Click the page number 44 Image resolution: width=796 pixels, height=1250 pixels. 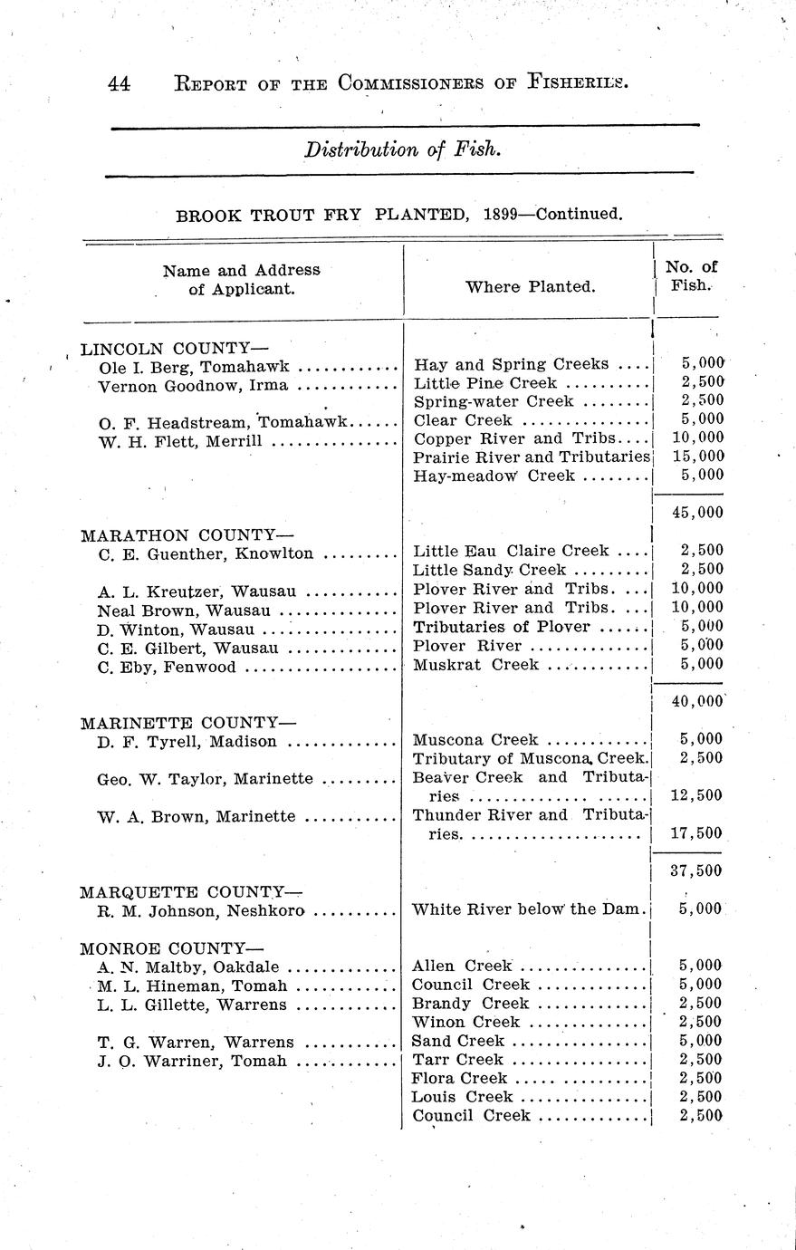pyautogui.click(x=119, y=84)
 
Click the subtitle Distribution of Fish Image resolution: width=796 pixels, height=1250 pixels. pyautogui.click(x=402, y=149)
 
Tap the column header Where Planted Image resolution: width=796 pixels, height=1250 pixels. pyautogui.click(x=530, y=287)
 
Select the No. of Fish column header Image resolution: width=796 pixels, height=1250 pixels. pyautogui.click(x=691, y=276)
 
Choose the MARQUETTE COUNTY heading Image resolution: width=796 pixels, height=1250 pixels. pyautogui.click(x=191, y=892)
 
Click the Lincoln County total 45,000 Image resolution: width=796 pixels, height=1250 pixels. pyautogui.click(x=697, y=513)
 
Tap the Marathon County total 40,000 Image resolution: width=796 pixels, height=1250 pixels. pyautogui.click(x=697, y=701)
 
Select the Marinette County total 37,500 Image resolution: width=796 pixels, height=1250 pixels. pyautogui.click(x=697, y=871)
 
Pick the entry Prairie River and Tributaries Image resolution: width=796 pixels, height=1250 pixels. pyautogui.click(x=532, y=457)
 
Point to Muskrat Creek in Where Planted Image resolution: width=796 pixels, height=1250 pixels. pyautogui.click(x=475, y=665)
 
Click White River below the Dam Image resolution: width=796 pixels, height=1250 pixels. pyautogui.click(x=528, y=909)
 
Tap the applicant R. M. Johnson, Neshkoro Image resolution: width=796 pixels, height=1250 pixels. pyautogui.click(x=200, y=911)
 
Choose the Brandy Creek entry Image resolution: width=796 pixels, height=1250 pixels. pyautogui.click(x=470, y=1004)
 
